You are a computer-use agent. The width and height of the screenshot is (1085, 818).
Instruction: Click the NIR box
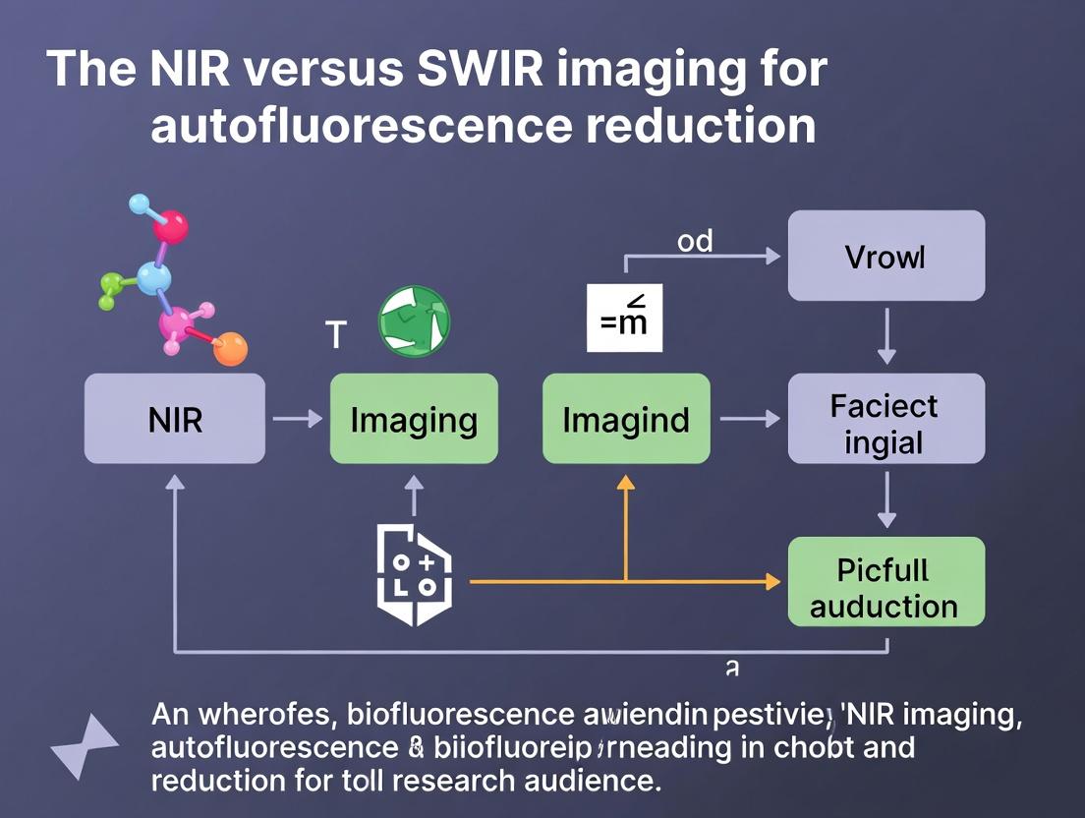(174, 419)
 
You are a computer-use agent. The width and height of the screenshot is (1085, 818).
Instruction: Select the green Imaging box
(414, 419)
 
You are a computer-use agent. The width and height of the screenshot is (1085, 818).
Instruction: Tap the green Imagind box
(626, 419)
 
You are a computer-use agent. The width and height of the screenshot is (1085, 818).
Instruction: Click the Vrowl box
(885, 256)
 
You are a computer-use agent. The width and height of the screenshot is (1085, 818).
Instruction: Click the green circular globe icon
(414, 321)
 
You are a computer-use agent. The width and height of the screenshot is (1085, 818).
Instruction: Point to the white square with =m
(624, 318)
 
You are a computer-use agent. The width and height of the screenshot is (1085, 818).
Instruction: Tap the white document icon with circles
(414, 575)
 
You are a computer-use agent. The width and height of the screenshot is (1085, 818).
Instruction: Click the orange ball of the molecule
(230, 349)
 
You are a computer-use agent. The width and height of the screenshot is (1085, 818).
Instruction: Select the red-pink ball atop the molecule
(170, 228)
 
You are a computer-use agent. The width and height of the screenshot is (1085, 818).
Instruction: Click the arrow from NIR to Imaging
(297, 420)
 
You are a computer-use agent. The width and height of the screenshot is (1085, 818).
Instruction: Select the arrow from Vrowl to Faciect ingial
(885, 335)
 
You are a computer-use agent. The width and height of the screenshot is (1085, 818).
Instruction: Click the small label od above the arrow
(695, 241)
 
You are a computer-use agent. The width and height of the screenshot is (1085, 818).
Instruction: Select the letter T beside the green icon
(335, 335)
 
